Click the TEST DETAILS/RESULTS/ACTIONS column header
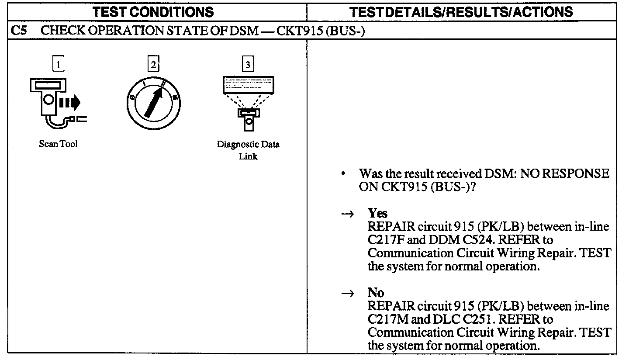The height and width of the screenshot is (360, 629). coord(462,11)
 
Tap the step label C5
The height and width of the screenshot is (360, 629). coord(17,32)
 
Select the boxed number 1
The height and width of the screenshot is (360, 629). coord(58,65)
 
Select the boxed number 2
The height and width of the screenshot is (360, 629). coord(153,65)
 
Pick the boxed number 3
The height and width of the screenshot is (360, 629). coord(248,65)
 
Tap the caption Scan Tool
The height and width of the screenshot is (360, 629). coord(58,145)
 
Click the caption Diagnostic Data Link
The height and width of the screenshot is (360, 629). coord(248,150)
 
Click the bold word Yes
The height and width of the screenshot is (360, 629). coord(377,214)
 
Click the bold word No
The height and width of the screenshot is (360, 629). coord(376,293)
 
